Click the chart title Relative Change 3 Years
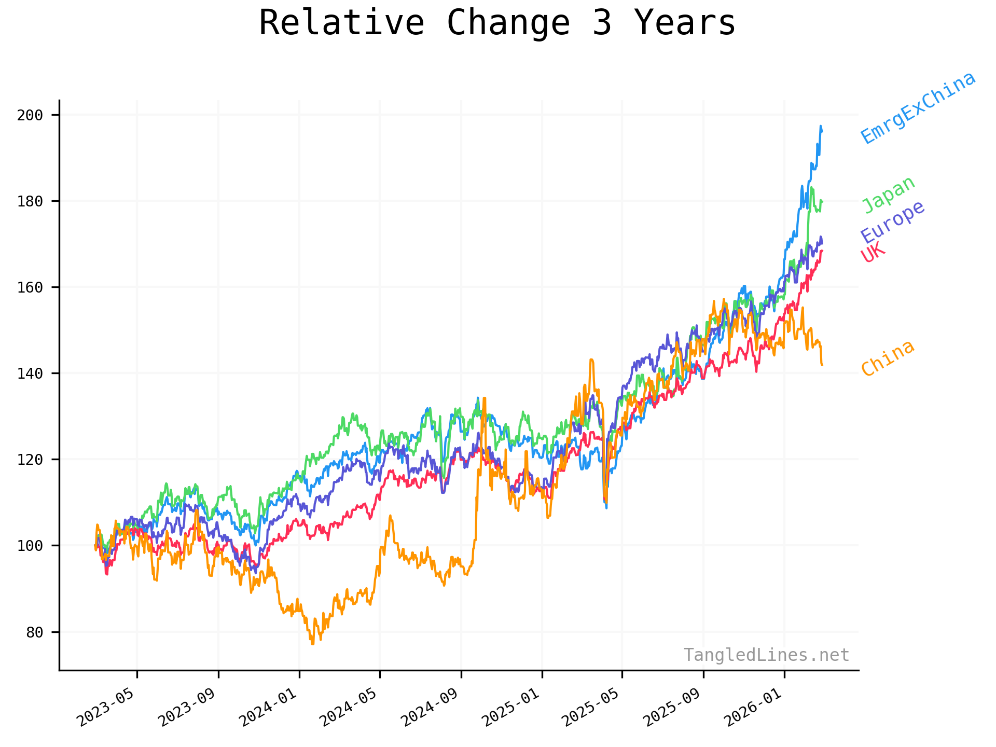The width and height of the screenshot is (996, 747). (x=497, y=23)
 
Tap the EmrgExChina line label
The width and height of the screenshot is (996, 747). (x=918, y=108)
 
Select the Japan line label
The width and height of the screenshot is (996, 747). (x=889, y=195)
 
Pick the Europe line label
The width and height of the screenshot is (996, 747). (x=893, y=222)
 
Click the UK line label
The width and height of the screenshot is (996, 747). (x=873, y=253)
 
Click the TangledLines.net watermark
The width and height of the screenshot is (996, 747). (x=766, y=655)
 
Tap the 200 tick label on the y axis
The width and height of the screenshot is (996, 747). (x=30, y=115)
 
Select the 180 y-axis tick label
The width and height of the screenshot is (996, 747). (x=30, y=201)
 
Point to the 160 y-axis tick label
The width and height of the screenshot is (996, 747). (x=30, y=287)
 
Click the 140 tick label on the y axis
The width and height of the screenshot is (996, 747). (x=30, y=374)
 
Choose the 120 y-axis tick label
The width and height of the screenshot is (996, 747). (x=30, y=460)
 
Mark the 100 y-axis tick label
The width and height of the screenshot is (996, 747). (x=30, y=546)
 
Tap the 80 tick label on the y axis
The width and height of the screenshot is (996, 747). (x=34, y=632)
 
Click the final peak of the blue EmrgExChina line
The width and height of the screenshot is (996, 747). (x=821, y=126)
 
